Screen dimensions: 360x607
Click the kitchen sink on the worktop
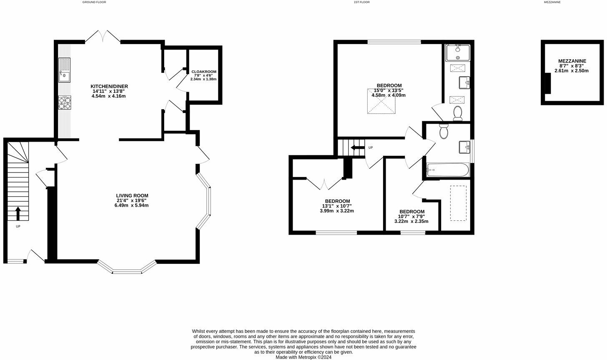pos(64,70)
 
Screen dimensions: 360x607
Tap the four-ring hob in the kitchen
pos(65,102)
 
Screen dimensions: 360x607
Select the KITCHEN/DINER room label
pos(106,86)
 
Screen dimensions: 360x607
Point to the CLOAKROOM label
pos(204,72)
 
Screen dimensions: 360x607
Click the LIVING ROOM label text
pos(132,195)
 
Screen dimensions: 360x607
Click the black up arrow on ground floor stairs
pos(18,213)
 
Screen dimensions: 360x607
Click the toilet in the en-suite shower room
pos(457,112)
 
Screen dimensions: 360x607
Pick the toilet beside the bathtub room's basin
pos(444,131)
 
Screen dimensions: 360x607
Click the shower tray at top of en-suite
pos(458,52)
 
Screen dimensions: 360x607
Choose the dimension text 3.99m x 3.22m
pos(337,211)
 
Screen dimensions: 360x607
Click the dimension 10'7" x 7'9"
pos(411,216)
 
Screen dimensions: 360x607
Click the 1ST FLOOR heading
pos(361,2)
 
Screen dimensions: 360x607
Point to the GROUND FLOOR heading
pos(94,2)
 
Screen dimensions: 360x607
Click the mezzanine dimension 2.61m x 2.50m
pos(572,71)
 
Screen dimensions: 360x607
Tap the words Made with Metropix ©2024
pos(303,357)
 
